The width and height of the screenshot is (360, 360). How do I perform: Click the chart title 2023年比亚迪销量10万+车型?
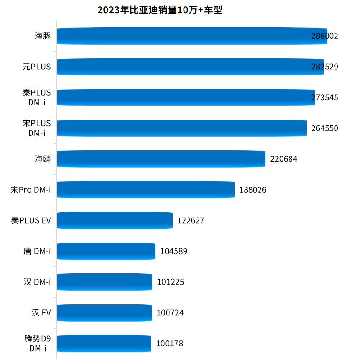coord(160,10)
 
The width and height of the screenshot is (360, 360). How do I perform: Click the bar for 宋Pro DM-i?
coord(146,189)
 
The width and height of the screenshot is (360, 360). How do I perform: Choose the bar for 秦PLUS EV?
coord(115,220)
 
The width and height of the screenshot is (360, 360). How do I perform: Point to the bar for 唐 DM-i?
coord(106,251)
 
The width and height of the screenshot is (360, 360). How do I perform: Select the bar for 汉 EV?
coord(104,312)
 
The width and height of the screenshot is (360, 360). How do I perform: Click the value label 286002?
coord(324,36)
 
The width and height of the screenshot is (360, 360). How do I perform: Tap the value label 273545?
coord(324,97)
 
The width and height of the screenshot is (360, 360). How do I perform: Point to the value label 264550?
coord(324,128)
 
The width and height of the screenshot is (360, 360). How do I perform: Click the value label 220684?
coord(283,159)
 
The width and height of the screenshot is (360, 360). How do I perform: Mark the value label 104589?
coord(174,251)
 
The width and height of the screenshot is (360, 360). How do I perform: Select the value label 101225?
coord(170,282)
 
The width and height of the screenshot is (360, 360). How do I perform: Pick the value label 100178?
coord(169,343)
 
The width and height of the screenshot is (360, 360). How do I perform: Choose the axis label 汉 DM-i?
coord(37,282)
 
